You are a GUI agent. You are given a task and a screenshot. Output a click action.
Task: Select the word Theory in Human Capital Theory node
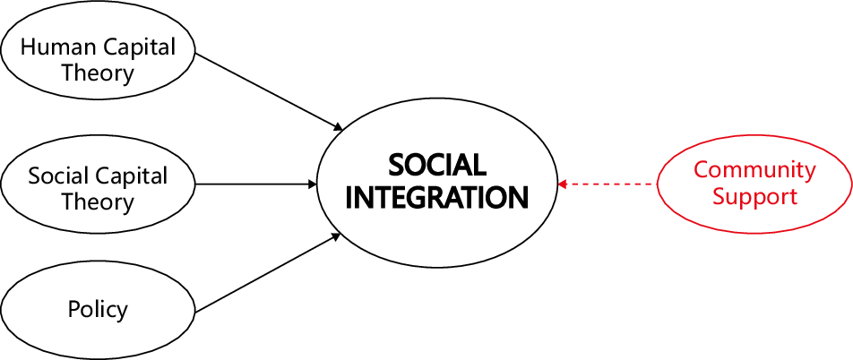coord(98,73)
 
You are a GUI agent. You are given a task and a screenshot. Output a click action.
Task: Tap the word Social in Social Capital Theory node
coord(56,175)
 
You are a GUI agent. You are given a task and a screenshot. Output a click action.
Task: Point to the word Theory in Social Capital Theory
coord(98,201)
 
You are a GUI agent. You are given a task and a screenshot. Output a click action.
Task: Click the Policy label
coord(98,310)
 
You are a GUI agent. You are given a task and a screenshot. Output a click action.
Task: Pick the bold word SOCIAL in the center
coord(436,166)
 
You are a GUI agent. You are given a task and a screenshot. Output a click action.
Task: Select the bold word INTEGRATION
coord(436,197)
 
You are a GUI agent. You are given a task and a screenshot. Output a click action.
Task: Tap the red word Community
coord(754,169)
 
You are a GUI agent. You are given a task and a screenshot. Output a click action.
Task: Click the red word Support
coord(754,196)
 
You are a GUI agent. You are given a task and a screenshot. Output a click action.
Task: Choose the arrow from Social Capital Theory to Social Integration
coord(255,184)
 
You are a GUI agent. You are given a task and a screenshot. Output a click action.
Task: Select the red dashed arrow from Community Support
coord(609,184)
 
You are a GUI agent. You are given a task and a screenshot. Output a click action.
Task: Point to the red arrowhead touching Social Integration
coord(562,184)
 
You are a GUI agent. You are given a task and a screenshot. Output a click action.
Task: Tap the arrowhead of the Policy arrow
coord(337,236)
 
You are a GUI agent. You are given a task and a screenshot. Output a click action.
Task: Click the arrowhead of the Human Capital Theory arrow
coord(338,127)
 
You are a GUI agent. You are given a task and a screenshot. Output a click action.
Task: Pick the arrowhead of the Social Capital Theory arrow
coord(313,184)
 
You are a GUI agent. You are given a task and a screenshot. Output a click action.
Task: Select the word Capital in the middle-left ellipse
coord(134,175)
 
